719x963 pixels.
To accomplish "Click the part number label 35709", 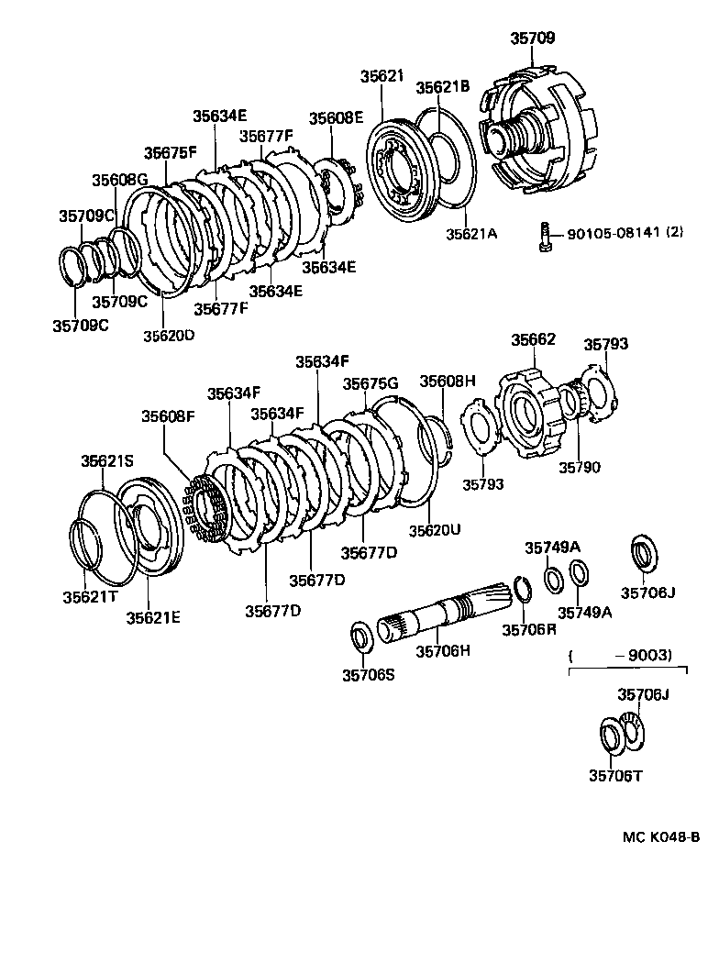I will [532, 39].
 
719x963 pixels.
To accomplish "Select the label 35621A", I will [471, 234].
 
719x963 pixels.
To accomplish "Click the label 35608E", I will [336, 118].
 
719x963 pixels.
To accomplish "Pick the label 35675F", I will [171, 153].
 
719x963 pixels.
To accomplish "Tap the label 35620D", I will [169, 336].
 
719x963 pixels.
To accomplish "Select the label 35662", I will [533, 340].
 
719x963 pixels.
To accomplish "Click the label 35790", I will [580, 467].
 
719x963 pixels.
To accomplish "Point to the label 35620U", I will [435, 530].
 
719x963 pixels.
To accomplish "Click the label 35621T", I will [90, 597].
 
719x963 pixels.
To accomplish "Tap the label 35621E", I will [153, 616].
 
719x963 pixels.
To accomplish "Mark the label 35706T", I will [615, 775].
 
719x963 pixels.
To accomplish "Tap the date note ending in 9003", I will [621, 656].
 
